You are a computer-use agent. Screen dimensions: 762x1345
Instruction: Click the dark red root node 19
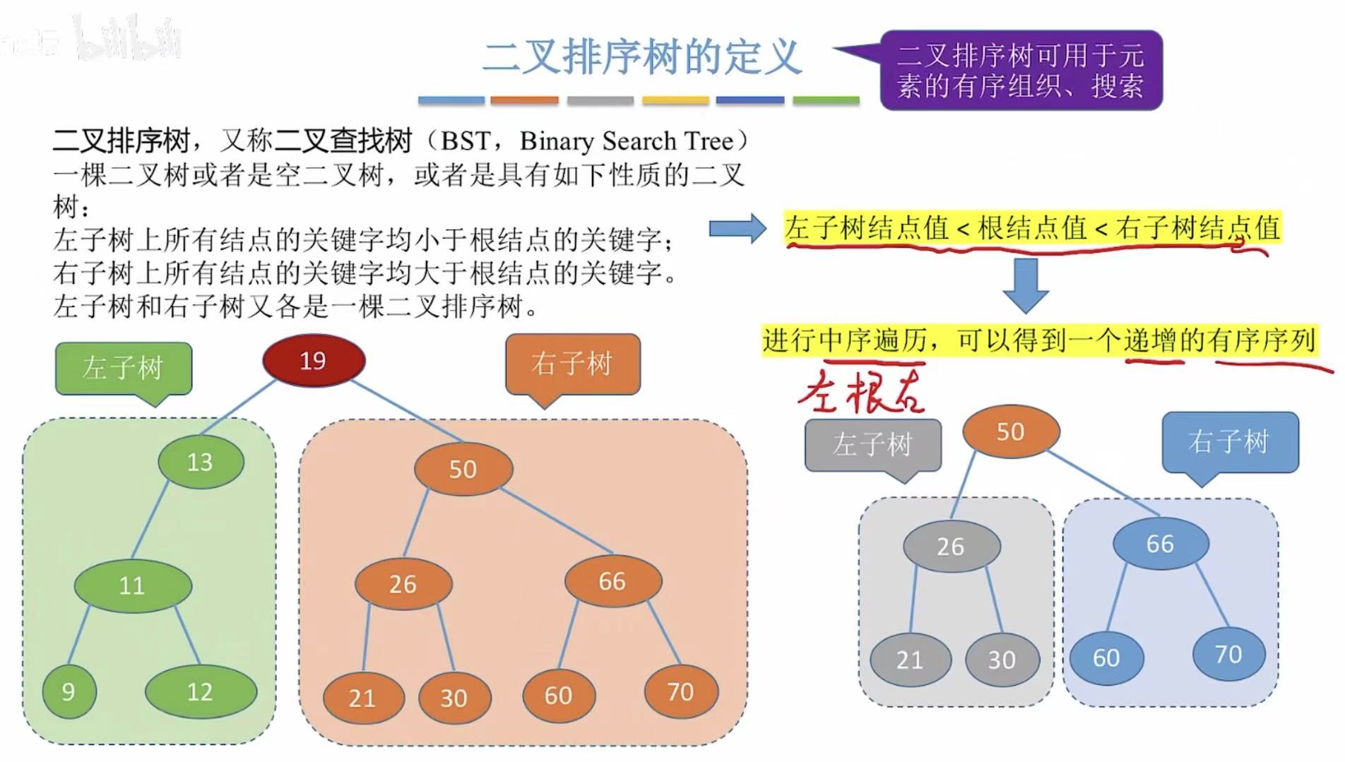tap(314, 361)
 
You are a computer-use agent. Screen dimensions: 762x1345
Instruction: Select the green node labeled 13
tap(201, 462)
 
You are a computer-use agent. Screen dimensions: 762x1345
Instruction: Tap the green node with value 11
tap(133, 585)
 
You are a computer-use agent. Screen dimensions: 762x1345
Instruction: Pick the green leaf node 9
tap(69, 691)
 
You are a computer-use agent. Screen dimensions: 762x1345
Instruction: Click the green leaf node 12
tap(201, 691)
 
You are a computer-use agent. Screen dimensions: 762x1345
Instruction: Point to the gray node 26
tap(951, 546)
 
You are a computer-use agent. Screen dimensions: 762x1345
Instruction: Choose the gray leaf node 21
tap(910, 660)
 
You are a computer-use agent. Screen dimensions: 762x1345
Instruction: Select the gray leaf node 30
tap(1002, 660)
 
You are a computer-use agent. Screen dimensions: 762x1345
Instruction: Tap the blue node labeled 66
tap(1160, 543)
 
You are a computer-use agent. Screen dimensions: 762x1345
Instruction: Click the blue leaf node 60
tap(1106, 657)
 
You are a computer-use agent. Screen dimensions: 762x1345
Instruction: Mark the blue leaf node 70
tap(1228, 654)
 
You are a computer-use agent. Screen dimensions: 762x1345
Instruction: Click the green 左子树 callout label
tap(124, 368)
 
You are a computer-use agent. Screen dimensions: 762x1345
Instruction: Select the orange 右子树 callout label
tap(572, 364)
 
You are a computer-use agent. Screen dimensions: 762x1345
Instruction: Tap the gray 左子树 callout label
tap(872, 444)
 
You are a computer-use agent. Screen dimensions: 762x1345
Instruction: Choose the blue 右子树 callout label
tap(1229, 442)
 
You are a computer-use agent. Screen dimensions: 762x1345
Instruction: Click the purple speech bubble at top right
tap(1021, 70)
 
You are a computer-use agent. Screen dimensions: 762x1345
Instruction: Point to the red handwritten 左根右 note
tap(862, 391)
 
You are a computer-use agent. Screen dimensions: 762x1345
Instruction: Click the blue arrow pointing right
tap(737, 228)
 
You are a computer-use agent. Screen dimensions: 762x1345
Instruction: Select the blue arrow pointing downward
tap(1025, 285)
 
